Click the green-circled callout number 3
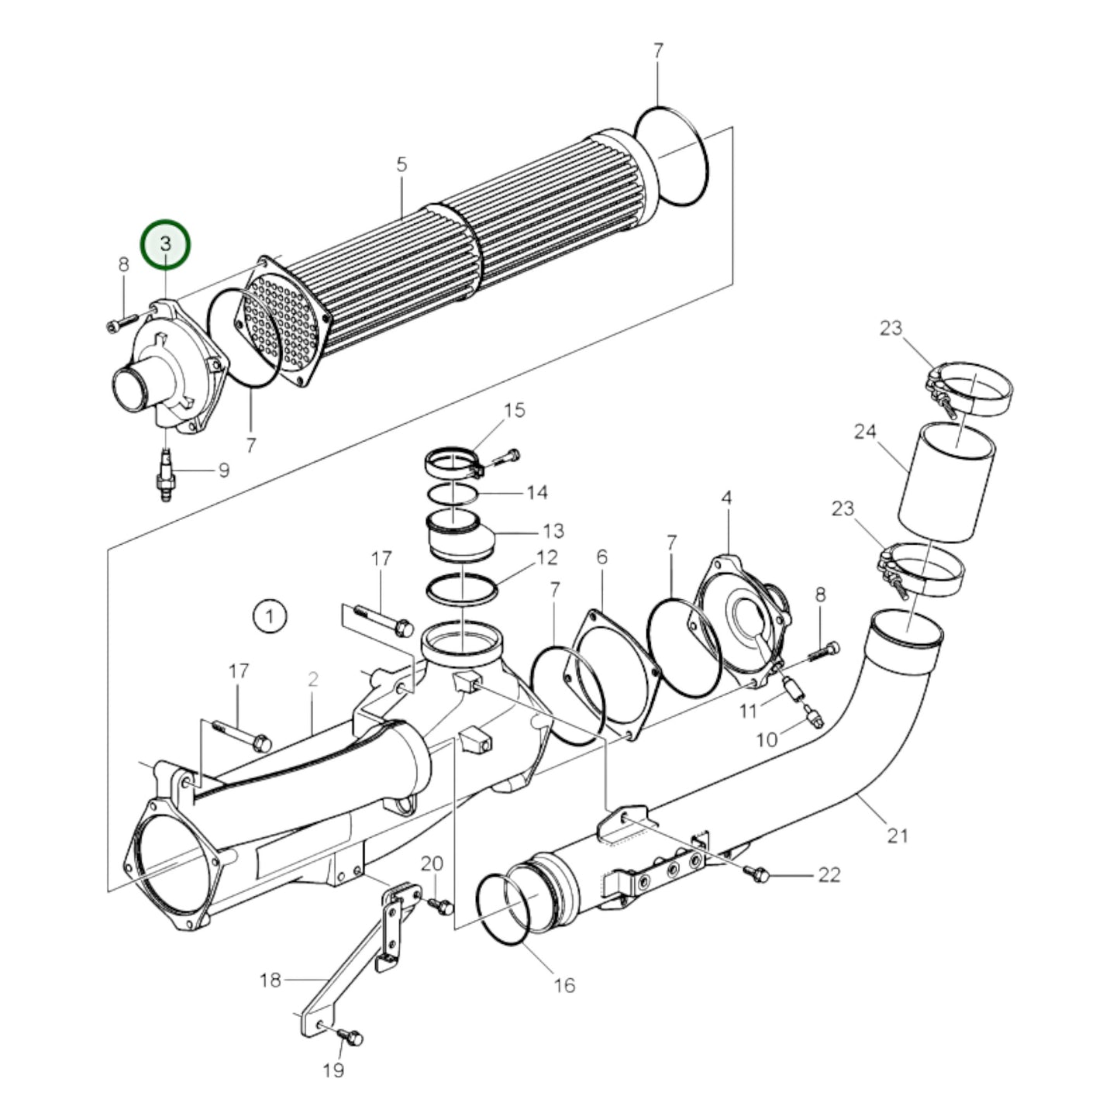(164, 243)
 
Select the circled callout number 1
(269, 617)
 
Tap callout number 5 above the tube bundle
(401, 164)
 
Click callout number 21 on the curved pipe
(897, 836)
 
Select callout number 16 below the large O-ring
(564, 985)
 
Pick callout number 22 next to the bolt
(829, 875)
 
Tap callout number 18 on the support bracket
(270, 980)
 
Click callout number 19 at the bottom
(333, 1070)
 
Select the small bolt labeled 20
(443, 905)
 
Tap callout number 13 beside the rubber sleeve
(553, 532)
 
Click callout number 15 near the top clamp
(514, 410)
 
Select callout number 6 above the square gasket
(602, 557)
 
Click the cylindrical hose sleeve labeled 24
(945, 482)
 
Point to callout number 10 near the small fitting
(766, 739)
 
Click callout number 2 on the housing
(312, 680)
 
